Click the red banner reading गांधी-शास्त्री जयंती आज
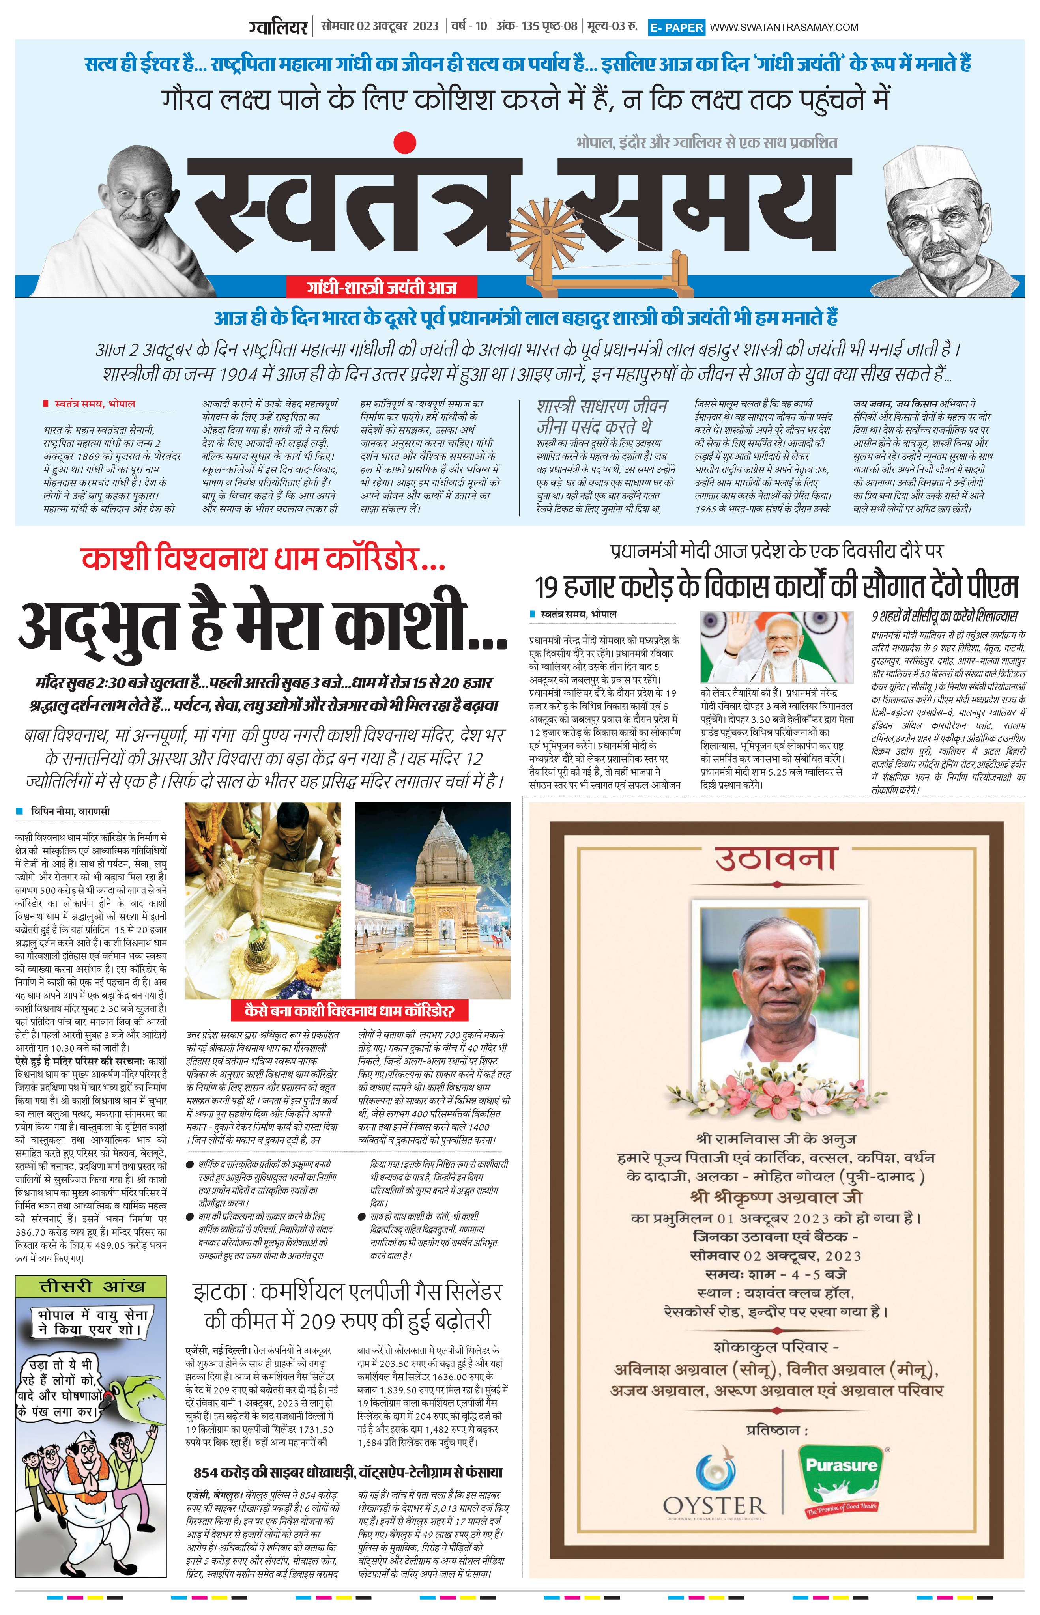[382, 288]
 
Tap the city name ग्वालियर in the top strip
[278, 27]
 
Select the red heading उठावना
[776, 860]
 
